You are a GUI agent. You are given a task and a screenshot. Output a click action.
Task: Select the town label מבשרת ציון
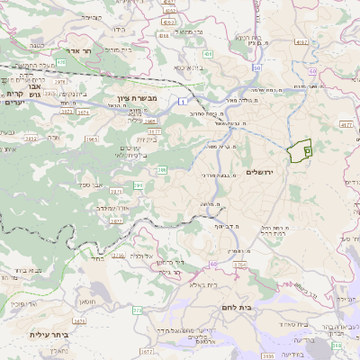coord(137,98)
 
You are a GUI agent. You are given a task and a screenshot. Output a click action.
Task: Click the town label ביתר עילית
coord(49,334)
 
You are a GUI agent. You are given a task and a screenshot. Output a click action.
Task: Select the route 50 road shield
coord(256,67)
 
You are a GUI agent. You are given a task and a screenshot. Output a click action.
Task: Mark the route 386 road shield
coord(162,168)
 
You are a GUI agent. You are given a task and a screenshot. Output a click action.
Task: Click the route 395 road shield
coord(139,184)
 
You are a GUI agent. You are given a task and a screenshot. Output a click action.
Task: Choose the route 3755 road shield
coord(137,310)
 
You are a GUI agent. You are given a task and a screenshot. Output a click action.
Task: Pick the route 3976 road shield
coord(60,83)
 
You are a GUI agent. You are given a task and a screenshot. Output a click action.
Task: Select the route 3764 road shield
coord(239,265)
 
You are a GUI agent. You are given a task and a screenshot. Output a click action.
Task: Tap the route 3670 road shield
coord(79,319)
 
